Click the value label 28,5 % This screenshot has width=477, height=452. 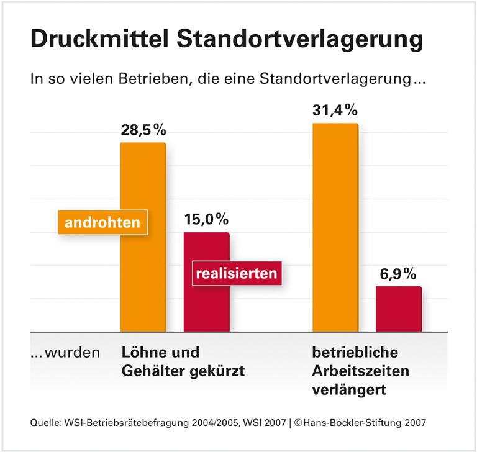(143, 131)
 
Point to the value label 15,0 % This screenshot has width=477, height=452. (206, 219)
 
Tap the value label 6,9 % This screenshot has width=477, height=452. (399, 274)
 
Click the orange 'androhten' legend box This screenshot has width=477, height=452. (102, 222)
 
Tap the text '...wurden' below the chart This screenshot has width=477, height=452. (65, 353)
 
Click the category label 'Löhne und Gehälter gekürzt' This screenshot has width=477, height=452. (181, 362)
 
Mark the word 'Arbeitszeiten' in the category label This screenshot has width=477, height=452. (360, 371)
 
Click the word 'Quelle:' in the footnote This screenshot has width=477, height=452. (45, 423)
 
